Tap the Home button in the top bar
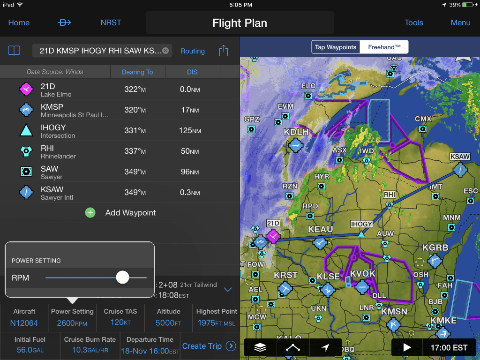coord(19,22)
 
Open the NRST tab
coord(111,22)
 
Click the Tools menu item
coord(414,22)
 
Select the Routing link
coord(193,51)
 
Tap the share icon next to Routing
coord(224,51)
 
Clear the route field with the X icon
coord(165,51)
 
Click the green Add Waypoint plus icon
coord(90,213)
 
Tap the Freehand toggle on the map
coord(384,47)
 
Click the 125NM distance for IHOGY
coord(190,130)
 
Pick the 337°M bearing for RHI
coord(135,151)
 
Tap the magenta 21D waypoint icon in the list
coord(26,89)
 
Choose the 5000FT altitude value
coord(168,322)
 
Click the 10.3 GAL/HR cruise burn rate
coord(90,350)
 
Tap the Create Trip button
coord(209,346)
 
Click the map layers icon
coord(261,347)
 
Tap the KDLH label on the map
coord(296,132)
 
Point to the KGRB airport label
coord(435,247)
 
